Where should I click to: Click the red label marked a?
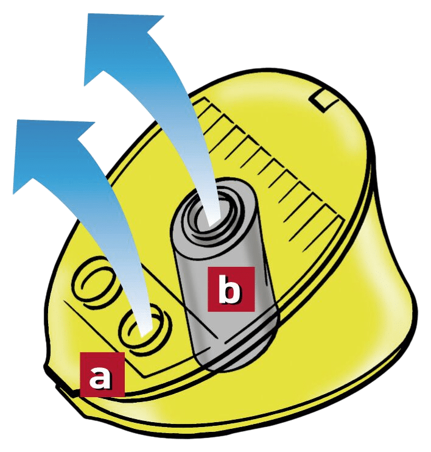click(102, 375)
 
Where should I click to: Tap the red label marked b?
click(231, 289)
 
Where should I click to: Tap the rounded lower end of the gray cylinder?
click(236, 355)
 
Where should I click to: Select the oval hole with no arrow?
click(91, 283)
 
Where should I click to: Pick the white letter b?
click(231, 289)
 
